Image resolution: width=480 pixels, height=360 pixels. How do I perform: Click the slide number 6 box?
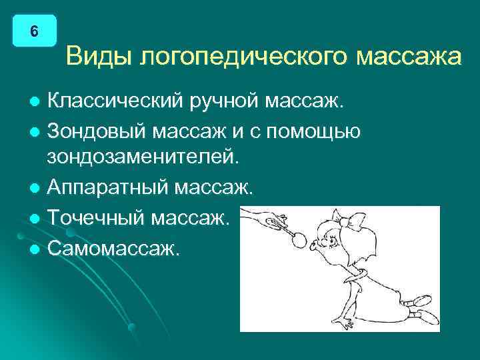34,31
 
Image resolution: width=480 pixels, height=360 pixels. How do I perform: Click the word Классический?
118,102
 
